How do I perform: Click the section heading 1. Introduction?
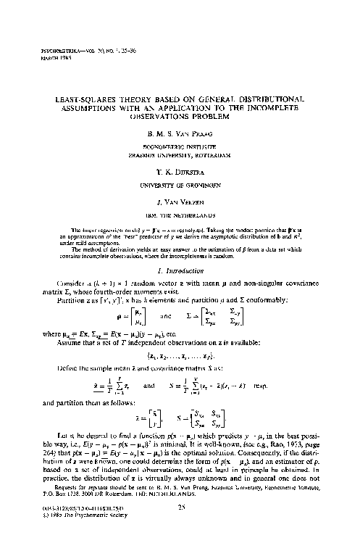tap(180, 249)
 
